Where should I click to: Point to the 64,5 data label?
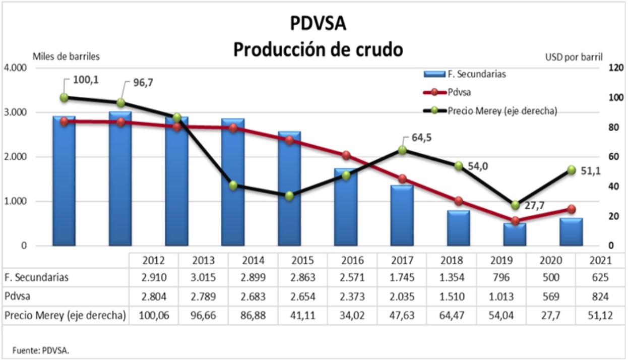pyautogui.click(x=421, y=138)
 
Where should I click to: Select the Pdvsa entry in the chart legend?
pyautogui.click(x=459, y=92)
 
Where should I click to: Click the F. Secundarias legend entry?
pyautogui.click(x=476, y=74)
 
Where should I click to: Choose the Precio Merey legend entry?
pyautogui.click(x=502, y=111)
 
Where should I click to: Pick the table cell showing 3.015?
pyautogui.click(x=203, y=277)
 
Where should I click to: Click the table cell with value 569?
pyautogui.click(x=551, y=296)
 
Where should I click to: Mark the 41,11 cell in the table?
pyautogui.click(x=302, y=316)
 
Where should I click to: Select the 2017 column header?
pyautogui.click(x=402, y=260)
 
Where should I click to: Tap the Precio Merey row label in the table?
pyautogui.click(x=65, y=316)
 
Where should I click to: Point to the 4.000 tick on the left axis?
pyautogui.click(x=16, y=68)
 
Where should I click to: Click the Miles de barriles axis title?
pyautogui.click(x=67, y=56)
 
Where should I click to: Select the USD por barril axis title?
pyautogui.click(x=574, y=57)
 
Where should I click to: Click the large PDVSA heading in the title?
pyautogui.click(x=318, y=24)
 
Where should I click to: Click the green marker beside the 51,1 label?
pyautogui.click(x=572, y=170)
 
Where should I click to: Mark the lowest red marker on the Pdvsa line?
pyautogui.click(x=515, y=221)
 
